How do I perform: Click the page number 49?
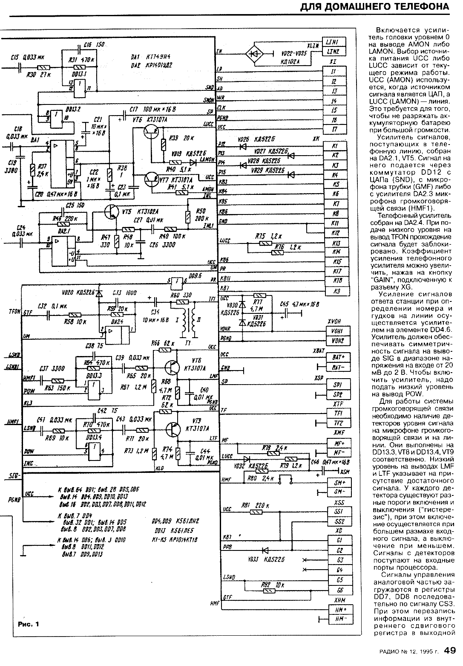tap(450, 651)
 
